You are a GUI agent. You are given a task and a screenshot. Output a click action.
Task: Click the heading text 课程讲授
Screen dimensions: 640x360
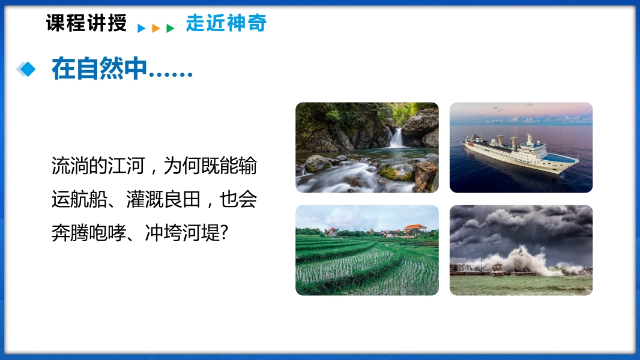click(86, 23)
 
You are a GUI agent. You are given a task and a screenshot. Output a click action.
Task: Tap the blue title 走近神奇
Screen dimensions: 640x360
click(226, 23)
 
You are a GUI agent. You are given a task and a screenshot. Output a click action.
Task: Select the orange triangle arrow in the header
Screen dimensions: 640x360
click(155, 28)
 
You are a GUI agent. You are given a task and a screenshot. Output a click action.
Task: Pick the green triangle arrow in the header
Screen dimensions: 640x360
click(170, 28)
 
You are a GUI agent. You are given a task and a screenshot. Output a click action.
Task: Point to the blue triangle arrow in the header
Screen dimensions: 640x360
click(141, 28)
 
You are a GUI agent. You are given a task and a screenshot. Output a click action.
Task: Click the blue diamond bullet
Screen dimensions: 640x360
click(26, 69)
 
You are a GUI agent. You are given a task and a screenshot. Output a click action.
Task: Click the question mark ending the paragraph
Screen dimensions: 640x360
click(224, 233)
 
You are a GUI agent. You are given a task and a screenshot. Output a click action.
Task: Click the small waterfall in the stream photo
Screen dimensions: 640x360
click(396, 137)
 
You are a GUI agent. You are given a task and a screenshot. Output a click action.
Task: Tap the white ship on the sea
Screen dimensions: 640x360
click(521, 153)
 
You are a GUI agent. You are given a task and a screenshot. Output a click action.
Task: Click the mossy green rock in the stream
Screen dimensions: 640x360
click(397, 172)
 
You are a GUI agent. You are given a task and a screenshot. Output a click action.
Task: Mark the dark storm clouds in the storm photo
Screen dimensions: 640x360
click(521, 226)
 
